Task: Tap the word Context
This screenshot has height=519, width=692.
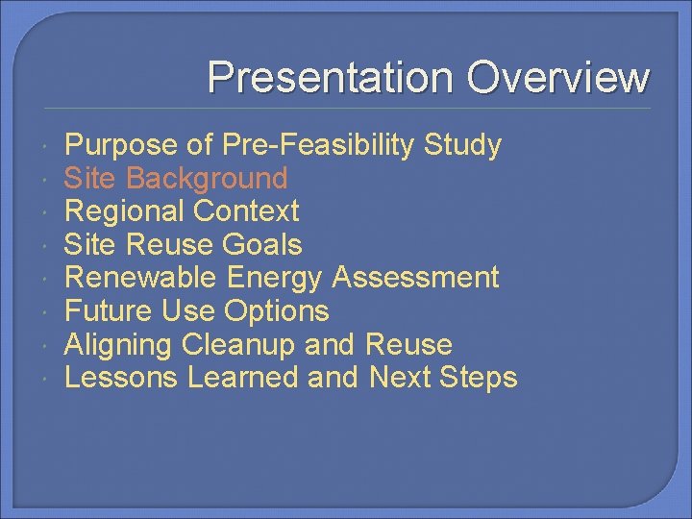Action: coord(246,211)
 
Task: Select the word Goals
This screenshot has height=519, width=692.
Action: coord(262,245)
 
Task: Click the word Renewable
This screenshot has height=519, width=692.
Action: coord(141,278)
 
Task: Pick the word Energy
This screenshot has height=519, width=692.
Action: coord(275,278)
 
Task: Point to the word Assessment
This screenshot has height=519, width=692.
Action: coord(415,278)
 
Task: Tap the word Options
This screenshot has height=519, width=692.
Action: coord(277,311)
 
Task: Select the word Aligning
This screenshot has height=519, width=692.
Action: coord(118,344)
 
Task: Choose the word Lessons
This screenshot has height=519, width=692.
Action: coord(121,378)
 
